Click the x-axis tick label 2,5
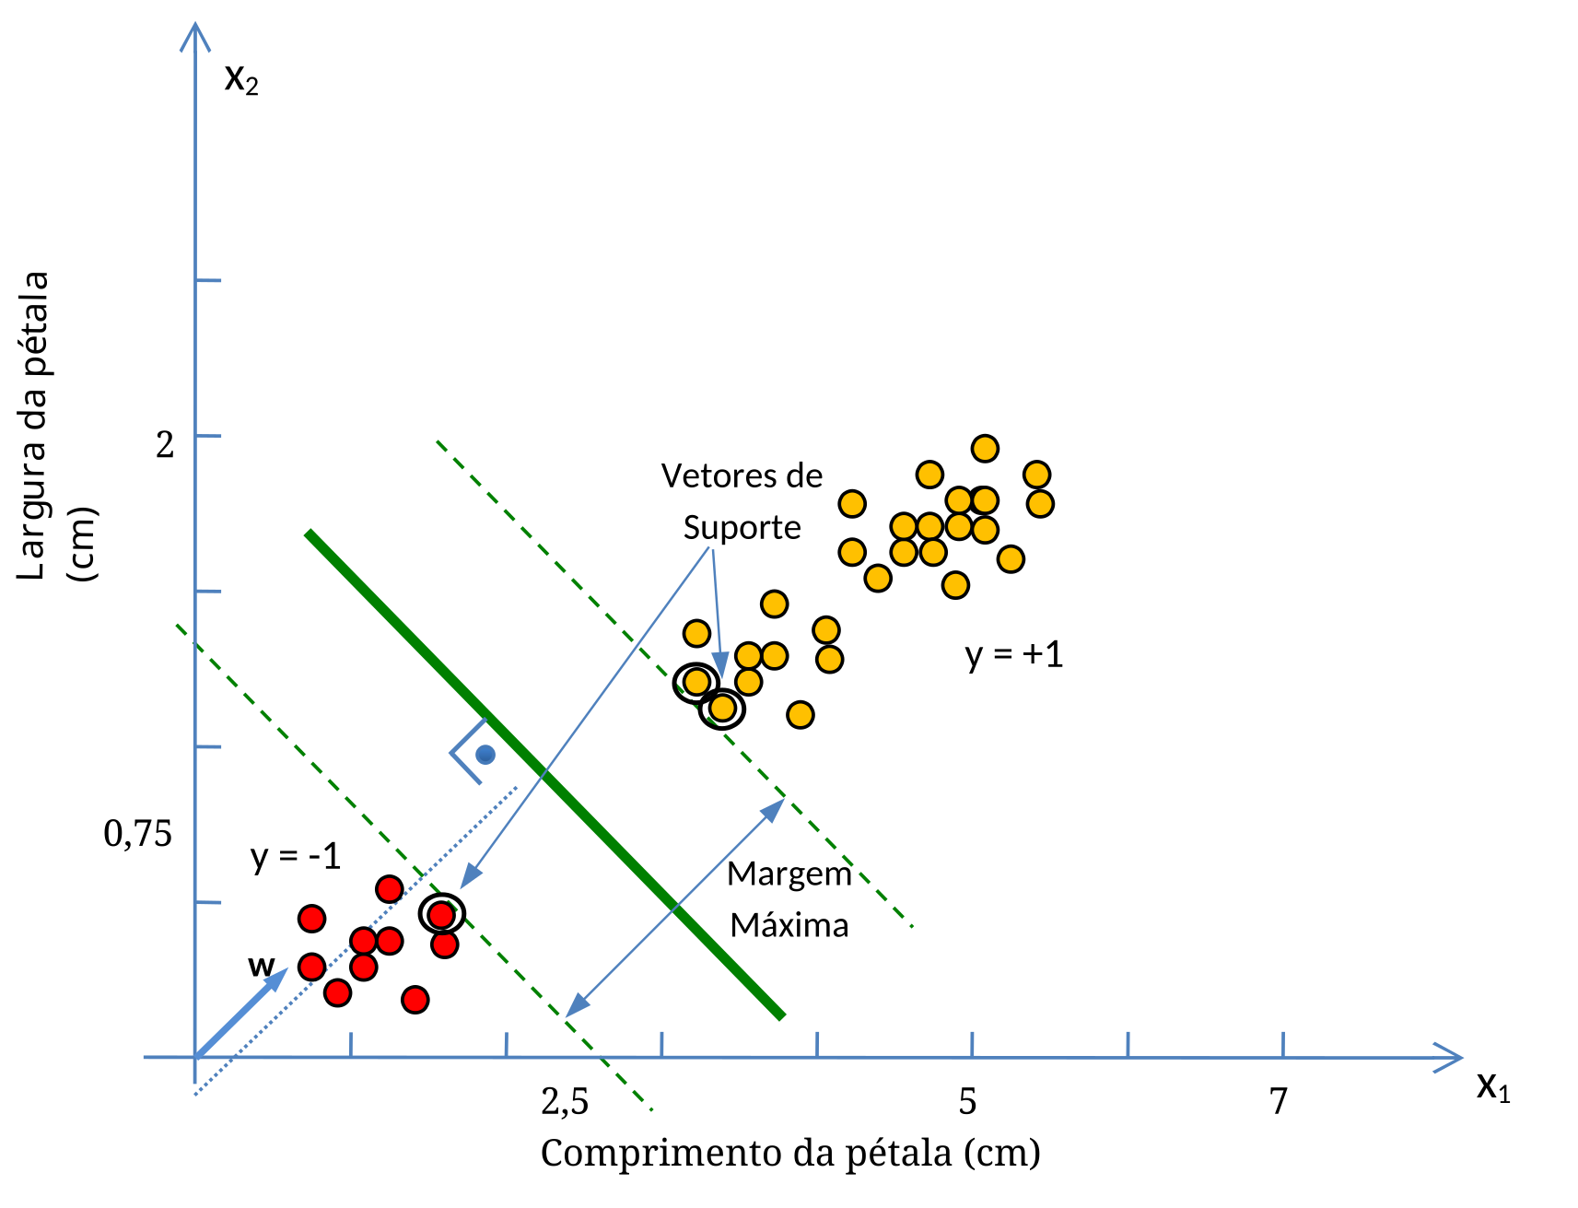pos(565,1101)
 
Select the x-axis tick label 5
pos(967,1101)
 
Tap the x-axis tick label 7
pos(1278,1101)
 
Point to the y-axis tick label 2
pos(165,444)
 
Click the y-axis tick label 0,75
pos(137,834)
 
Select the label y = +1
pos(1014,655)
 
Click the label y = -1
pos(296,857)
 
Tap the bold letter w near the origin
pos(261,966)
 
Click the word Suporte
pos(742,528)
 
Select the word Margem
pos(789,874)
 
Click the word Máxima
pos(789,924)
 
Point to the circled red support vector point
pos(442,914)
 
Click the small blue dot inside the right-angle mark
pos(485,755)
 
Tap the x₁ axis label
pos(1493,1087)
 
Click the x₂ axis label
pos(241,80)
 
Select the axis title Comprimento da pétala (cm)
pos(790,1154)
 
